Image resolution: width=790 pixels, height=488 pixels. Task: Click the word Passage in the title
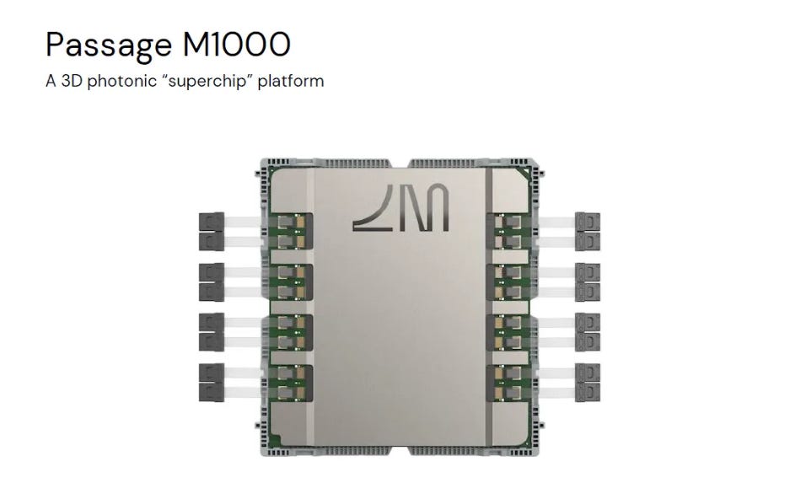109,46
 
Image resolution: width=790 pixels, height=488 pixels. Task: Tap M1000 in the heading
236,44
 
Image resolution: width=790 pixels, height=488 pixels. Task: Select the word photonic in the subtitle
122,81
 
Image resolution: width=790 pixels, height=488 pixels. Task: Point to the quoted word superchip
207,81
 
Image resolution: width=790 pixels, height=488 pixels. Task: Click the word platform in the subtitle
291,81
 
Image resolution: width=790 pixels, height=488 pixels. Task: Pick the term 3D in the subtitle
72,81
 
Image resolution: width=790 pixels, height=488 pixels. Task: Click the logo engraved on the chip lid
400,208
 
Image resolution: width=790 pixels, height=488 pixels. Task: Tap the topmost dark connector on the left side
212,223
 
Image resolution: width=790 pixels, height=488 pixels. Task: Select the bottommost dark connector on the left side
212,392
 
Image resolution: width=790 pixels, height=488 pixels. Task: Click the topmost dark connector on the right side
588,223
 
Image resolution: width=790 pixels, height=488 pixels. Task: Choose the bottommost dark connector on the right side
588,392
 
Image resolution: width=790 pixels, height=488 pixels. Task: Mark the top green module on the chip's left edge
291,231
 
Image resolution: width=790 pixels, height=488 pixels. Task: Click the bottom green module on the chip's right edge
508,383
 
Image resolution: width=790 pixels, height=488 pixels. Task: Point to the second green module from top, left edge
291,282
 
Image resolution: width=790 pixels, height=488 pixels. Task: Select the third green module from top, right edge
508,332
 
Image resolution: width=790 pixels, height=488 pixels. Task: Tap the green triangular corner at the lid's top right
525,173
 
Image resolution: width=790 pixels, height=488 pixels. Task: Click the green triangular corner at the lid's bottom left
275,441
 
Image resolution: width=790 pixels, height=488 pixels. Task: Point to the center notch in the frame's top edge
399,164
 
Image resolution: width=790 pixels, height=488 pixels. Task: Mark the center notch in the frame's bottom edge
399,450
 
